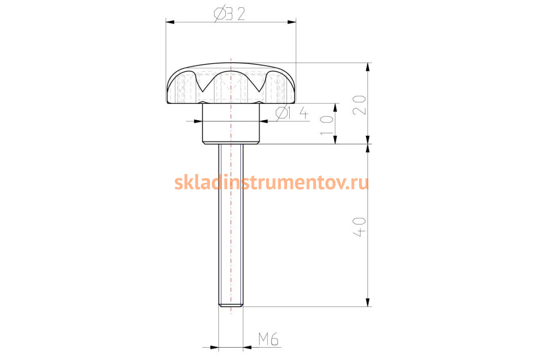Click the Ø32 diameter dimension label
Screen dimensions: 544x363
click(x=229, y=14)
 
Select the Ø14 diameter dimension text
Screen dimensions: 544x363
click(x=292, y=113)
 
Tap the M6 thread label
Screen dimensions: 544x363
click(x=268, y=339)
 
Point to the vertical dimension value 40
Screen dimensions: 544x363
click(x=359, y=227)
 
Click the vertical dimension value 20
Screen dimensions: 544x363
click(x=359, y=105)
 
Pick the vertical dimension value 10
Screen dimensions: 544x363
click(x=327, y=125)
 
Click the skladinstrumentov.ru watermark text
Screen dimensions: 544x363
click(x=272, y=182)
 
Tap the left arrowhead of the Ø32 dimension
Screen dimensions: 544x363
click(x=170, y=22)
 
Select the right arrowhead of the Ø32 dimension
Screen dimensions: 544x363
click(x=291, y=22)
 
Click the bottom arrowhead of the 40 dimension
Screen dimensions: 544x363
click(x=368, y=302)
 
